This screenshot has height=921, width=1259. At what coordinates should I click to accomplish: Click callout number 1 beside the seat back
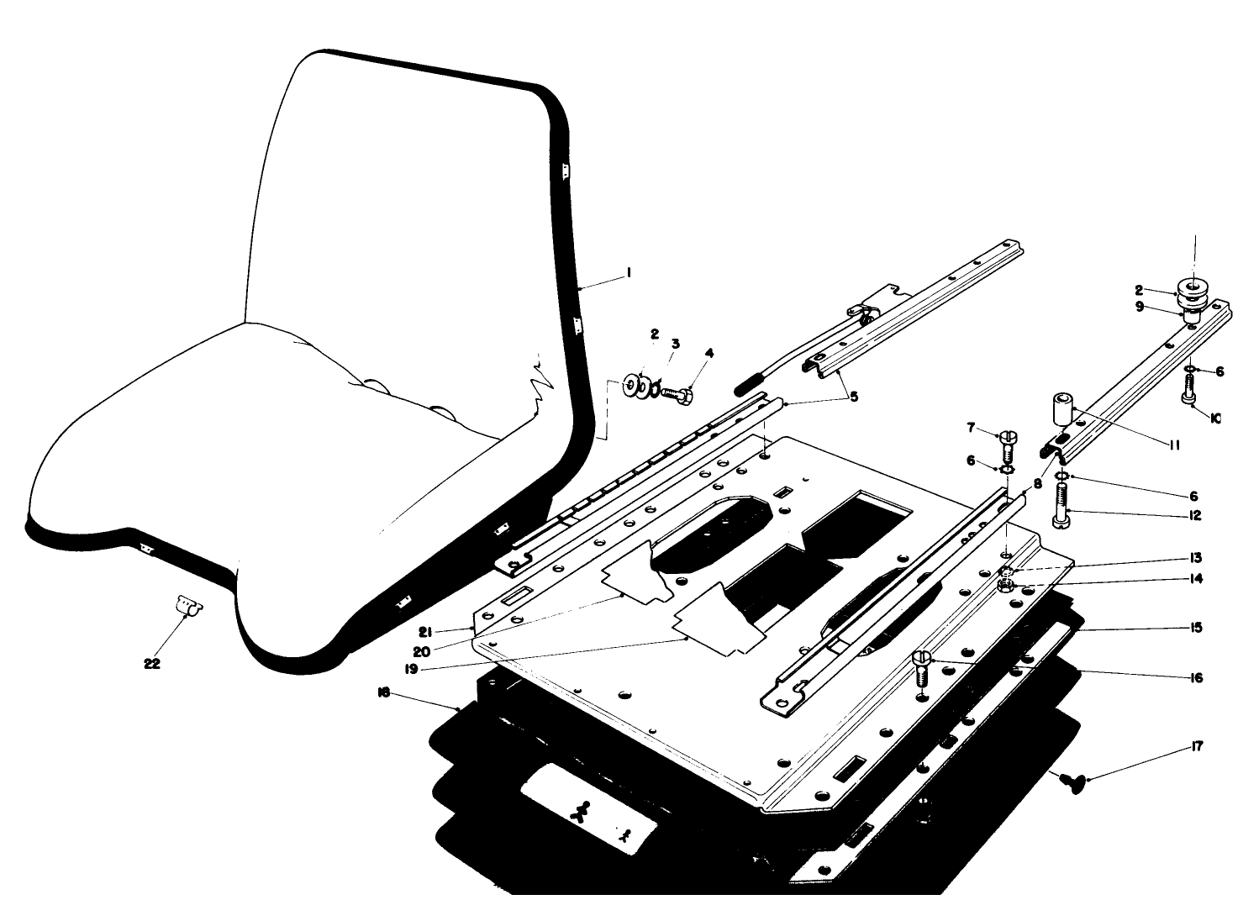(x=628, y=273)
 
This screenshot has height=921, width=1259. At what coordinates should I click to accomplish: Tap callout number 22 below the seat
(x=151, y=663)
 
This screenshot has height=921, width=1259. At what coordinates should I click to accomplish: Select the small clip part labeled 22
(x=188, y=606)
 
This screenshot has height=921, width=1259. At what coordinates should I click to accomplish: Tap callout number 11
(x=1173, y=445)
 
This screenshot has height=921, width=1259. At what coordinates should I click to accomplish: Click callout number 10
(x=1215, y=417)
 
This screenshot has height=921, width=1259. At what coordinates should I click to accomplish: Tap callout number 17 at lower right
(x=1197, y=747)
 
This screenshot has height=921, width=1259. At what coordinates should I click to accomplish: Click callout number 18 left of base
(x=383, y=692)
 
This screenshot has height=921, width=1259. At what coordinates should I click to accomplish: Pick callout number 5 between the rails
(x=854, y=396)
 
